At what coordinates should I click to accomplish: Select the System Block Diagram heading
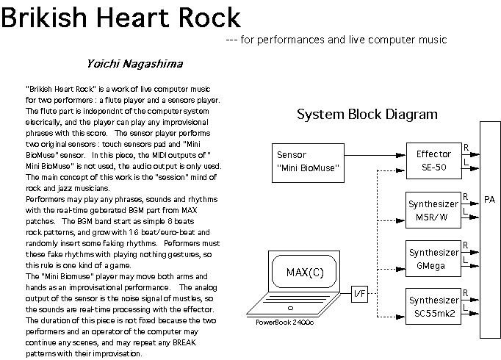pyautogui.click(x=367, y=115)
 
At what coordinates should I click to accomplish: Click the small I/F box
pyautogui.click(x=360, y=294)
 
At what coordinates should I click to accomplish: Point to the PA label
pyautogui.click(x=490, y=199)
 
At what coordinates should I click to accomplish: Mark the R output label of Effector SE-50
pyautogui.click(x=466, y=148)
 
